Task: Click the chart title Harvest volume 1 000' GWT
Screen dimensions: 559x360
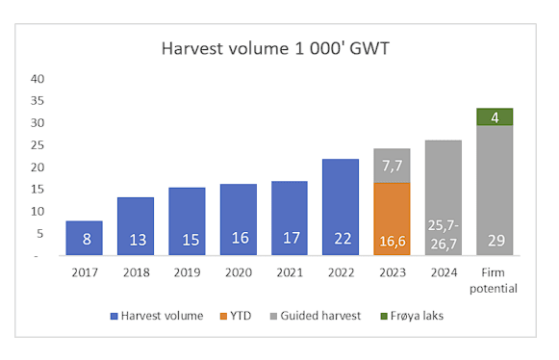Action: [x=275, y=48]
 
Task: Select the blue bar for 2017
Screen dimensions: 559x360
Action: [x=84, y=238]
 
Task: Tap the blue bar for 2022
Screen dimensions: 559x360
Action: [x=341, y=207]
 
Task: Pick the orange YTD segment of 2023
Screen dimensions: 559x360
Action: [x=392, y=219]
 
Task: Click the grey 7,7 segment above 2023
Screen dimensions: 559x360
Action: [x=392, y=166]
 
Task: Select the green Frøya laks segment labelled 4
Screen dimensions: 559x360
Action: [x=495, y=116]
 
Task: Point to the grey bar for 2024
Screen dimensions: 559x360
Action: [x=444, y=197]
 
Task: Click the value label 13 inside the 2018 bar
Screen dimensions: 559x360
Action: [x=138, y=240]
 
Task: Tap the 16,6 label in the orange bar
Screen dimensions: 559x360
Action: [x=393, y=242]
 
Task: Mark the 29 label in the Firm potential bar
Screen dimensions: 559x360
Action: [x=496, y=241]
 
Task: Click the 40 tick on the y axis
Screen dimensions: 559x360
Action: [x=38, y=79]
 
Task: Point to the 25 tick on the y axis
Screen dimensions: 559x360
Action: [x=38, y=145]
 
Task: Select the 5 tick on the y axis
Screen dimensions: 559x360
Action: [x=40, y=234]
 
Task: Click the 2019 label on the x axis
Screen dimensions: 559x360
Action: [x=188, y=272]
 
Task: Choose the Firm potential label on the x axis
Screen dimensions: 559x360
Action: [x=494, y=280]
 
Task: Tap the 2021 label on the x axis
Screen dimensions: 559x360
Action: [x=290, y=272]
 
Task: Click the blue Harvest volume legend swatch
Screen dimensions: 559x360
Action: [x=114, y=316]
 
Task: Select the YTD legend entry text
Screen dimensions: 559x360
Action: [x=241, y=316]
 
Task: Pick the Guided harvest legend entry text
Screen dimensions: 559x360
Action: [x=320, y=316]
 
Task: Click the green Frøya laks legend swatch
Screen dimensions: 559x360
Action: [x=384, y=316]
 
